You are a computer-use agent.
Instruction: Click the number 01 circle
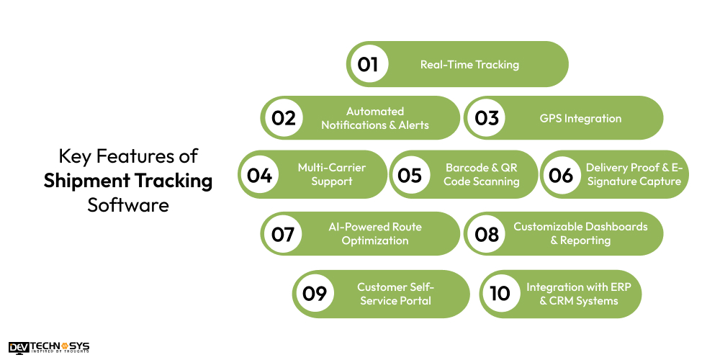point(368,64)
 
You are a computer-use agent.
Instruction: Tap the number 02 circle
point(284,118)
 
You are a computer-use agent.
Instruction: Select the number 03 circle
point(487,118)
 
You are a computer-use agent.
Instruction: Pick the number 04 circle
point(260,174)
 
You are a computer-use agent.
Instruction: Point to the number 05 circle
point(410,174)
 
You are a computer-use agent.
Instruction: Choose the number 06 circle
point(561,174)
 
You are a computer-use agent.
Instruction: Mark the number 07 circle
point(283,234)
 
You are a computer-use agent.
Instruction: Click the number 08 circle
point(487,234)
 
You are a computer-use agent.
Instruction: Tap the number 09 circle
point(315,293)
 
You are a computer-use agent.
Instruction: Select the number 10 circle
point(500,293)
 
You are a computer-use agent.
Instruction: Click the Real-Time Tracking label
point(469,65)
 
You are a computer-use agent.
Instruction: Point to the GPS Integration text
point(580,118)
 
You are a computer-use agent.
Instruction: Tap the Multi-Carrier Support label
point(332,174)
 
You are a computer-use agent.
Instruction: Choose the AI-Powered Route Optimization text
point(375,233)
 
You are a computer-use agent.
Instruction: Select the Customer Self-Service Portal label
point(395,293)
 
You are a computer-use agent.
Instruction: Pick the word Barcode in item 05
point(467,168)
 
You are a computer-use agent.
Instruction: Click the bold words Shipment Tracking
point(128,180)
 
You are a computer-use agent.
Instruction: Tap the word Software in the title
point(128,204)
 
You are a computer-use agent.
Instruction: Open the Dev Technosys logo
point(49,348)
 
